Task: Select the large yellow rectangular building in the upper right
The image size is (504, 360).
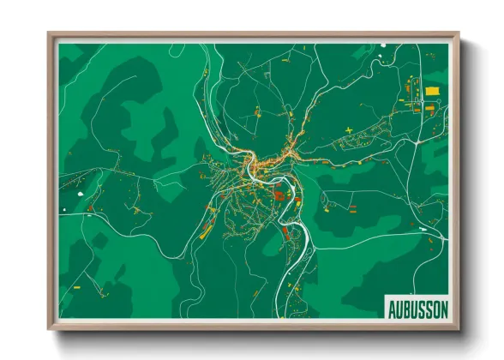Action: [430, 90]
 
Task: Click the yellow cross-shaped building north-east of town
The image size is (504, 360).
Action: [349, 129]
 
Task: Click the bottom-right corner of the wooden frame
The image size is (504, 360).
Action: [459, 328]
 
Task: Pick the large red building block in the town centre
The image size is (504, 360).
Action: [279, 198]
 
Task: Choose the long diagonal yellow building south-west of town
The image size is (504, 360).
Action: [206, 229]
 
